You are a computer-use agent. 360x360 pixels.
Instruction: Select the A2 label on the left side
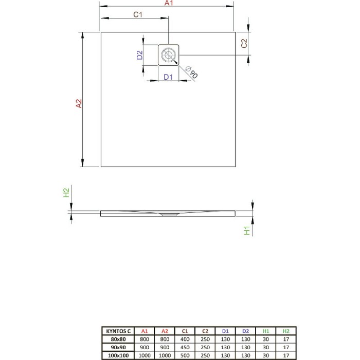tap(79, 104)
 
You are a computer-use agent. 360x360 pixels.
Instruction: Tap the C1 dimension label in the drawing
tap(137, 15)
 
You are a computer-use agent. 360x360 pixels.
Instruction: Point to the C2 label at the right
tap(245, 44)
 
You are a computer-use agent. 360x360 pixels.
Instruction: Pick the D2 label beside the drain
tap(140, 56)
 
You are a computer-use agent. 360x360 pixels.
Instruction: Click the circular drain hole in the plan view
tap(168, 55)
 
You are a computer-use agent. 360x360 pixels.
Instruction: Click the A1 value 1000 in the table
tap(145, 355)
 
